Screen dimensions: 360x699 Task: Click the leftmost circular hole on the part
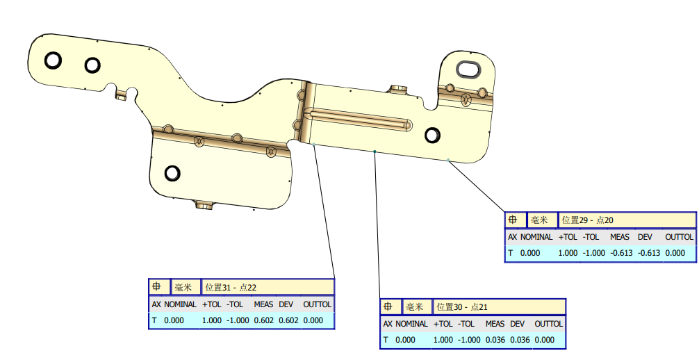pos(53,60)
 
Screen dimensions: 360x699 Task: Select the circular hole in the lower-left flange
pos(172,172)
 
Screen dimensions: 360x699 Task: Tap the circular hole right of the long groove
pos(432,135)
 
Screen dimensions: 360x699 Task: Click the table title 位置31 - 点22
pos(231,287)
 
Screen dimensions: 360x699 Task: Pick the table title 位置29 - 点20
pos(587,220)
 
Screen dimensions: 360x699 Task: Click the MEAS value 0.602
pos(263,320)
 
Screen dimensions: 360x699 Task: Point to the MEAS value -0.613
pos(620,253)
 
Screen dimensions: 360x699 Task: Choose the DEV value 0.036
pos(518,340)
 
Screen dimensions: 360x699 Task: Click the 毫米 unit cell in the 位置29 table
pos(540,220)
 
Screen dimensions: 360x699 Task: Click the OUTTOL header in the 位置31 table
pos(317,304)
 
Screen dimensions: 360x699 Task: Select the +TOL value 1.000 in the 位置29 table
pos(567,253)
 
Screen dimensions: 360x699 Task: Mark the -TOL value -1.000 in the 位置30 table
pos(469,340)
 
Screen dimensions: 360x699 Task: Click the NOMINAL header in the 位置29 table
pos(536,237)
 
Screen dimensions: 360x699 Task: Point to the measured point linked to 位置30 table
pos(375,151)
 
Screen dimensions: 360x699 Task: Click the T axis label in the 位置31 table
pos(155,320)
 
